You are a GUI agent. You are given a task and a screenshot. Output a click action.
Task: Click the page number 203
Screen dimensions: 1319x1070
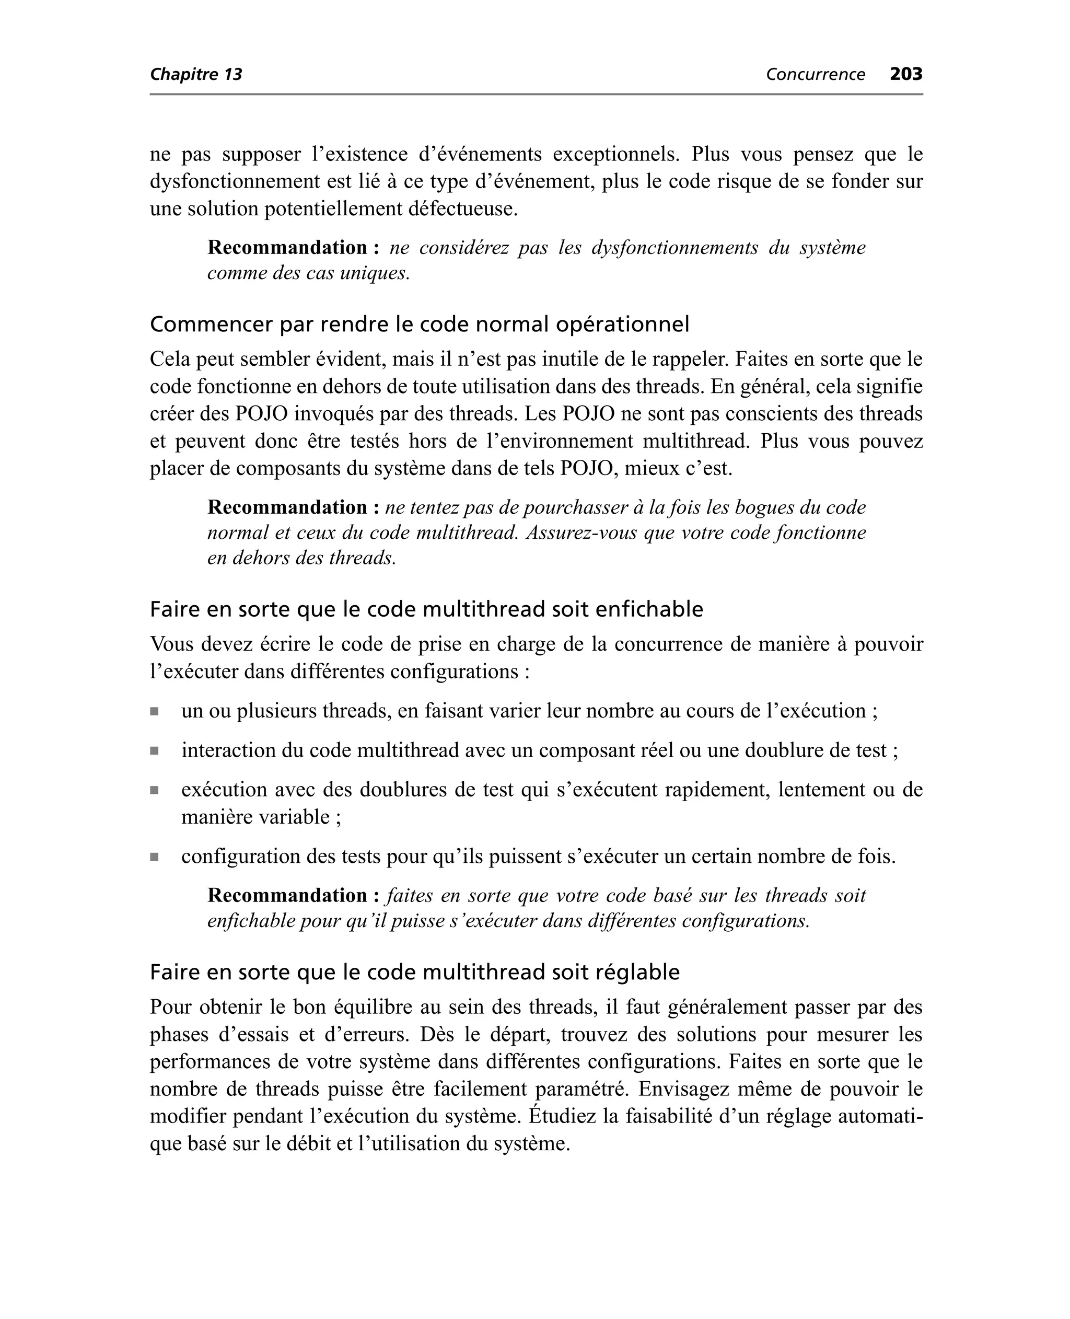point(905,74)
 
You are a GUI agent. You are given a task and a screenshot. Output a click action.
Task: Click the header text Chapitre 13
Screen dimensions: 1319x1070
point(196,75)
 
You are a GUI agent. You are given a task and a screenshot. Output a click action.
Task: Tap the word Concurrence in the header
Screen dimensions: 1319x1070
point(815,75)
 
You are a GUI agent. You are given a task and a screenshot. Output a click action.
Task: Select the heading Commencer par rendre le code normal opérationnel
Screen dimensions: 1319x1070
point(419,324)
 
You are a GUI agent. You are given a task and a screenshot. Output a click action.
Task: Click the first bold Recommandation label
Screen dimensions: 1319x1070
point(288,248)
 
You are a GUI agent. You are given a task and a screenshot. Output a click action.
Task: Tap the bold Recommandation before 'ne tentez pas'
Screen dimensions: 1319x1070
point(288,507)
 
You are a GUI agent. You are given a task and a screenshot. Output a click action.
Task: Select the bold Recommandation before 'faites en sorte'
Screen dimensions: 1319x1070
point(288,895)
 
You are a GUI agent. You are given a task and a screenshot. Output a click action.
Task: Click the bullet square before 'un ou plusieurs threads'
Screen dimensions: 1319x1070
point(155,712)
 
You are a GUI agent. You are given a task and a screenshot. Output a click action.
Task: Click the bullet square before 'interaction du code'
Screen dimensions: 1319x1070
point(155,751)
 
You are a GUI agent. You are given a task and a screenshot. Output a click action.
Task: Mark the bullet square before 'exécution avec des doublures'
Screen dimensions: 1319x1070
point(155,790)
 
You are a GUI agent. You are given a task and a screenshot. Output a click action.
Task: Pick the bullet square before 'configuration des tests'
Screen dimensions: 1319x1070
point(155,857)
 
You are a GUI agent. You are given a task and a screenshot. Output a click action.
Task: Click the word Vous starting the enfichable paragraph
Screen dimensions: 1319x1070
point(172,644)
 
